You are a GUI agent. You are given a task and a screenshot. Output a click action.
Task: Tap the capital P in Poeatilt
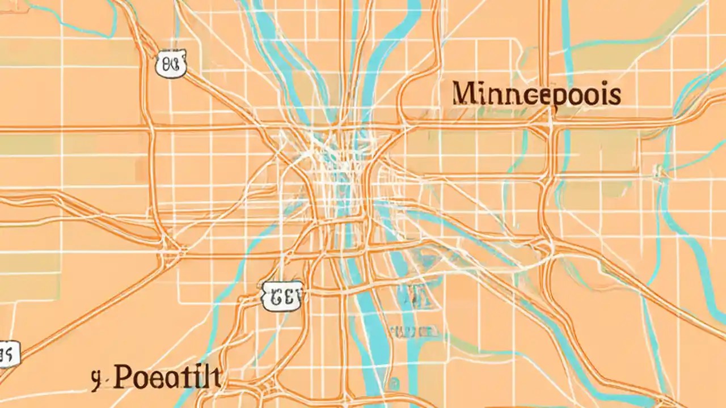123,377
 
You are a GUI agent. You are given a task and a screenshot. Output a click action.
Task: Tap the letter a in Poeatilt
169,379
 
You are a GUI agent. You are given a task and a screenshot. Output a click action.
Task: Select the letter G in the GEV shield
275,296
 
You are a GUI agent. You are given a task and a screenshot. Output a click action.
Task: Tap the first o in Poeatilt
140,379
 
